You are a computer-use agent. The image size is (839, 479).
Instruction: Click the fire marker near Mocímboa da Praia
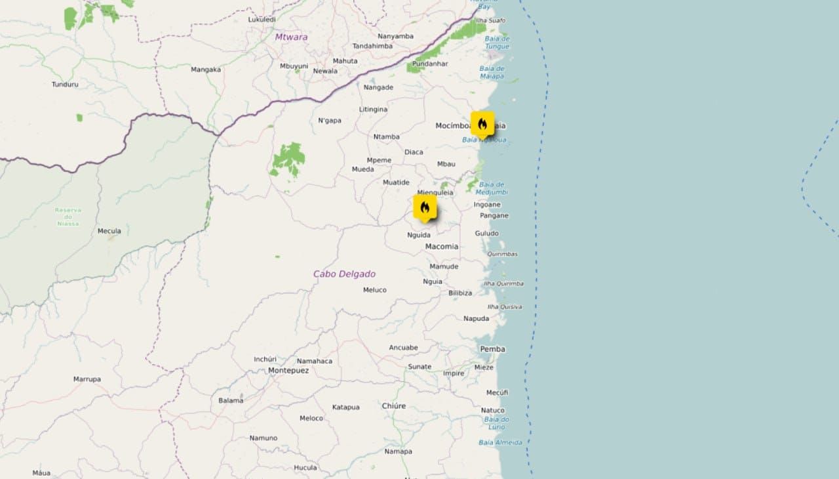(x=482, y=124)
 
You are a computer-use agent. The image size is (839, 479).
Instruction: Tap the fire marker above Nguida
(x=425, y=207)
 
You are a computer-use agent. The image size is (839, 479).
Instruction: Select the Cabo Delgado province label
(x=344, y=274)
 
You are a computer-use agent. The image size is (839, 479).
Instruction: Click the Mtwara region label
(x=291, y=37)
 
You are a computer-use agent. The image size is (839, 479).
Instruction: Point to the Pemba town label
(x=492, y=349)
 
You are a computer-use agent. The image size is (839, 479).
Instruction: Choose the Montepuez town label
(x=288, y=371)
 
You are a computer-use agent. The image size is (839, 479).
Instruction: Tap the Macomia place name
(x=442, y=247)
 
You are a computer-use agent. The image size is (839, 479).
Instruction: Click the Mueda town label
(x=362, y=169)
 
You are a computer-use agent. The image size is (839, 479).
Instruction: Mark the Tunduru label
(x=65, y=84)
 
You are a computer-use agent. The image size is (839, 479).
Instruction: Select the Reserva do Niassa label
(x=68, y=217)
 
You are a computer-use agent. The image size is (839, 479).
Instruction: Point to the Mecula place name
(x=109, y=231)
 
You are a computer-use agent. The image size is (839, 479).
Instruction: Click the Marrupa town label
(x=87, y=379)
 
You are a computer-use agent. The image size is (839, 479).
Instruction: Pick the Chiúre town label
(x=394, y=406)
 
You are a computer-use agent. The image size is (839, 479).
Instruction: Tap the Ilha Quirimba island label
(x=503, y=283)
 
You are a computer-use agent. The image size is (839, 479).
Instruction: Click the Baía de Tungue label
(x=497, y=42)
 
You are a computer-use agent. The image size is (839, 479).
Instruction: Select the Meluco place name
(x=375, y=290)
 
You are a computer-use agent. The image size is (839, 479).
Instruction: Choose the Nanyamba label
(x=396, y=36)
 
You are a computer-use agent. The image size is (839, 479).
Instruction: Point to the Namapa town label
(x=399, y=451)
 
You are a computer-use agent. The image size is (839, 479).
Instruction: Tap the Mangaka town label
(x=206, y=70)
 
